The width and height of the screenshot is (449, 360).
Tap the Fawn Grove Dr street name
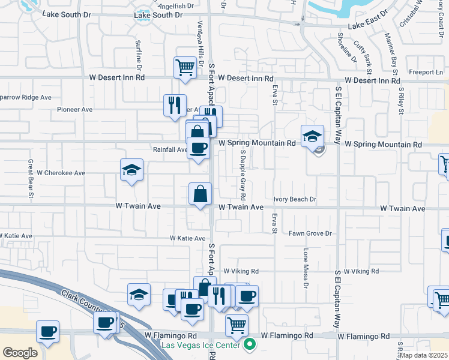point(310,233)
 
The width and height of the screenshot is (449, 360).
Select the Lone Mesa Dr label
point(305,268)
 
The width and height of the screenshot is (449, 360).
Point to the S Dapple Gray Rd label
point(243,175)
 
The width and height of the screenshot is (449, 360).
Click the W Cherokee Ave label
point(61,173)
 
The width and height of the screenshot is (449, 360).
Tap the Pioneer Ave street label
point(74,110)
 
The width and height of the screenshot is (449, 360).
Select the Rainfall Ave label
point(170,149)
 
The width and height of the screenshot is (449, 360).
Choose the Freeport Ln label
point(426,72)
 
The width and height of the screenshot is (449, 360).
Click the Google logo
point(20,352)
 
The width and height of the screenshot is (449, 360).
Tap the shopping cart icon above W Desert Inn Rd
point(185,67)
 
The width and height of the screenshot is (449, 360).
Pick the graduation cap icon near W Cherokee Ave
point(131,170)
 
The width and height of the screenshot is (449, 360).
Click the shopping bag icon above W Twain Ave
point(200,194)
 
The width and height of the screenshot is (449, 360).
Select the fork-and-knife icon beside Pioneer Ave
point(175,105)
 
